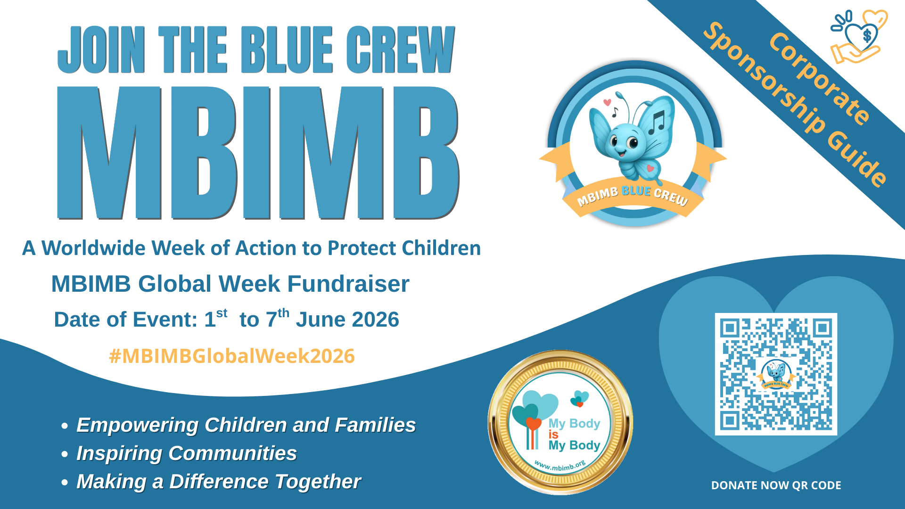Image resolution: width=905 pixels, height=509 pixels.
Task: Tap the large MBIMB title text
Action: [x=258, y=153]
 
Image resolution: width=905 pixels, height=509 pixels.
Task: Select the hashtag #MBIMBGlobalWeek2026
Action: [x=231, y=356]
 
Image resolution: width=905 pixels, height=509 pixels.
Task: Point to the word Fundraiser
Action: [x=348, y=284]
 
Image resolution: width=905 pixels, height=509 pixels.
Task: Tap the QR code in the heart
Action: [x=776, y=374]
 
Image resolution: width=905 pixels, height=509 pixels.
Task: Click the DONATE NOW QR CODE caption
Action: [x=776, y=485]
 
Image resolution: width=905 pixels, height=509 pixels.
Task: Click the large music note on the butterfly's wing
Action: [x=657, y=123]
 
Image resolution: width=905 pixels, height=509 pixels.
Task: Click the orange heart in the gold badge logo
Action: [x=533, y=424]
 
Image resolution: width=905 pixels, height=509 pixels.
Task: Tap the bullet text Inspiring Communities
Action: [x=187, y=453]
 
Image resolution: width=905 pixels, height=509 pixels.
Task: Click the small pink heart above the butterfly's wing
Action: [x=607, y=102]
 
